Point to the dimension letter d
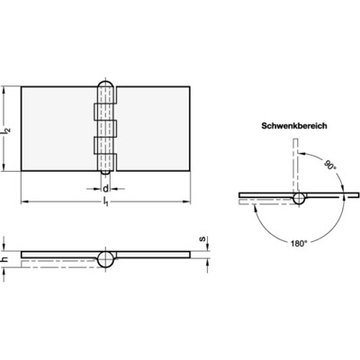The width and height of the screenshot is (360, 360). click(106, 188)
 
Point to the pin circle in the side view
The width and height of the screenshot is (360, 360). click(105, 258)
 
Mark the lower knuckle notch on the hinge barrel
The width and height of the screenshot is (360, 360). click(97, 144)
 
